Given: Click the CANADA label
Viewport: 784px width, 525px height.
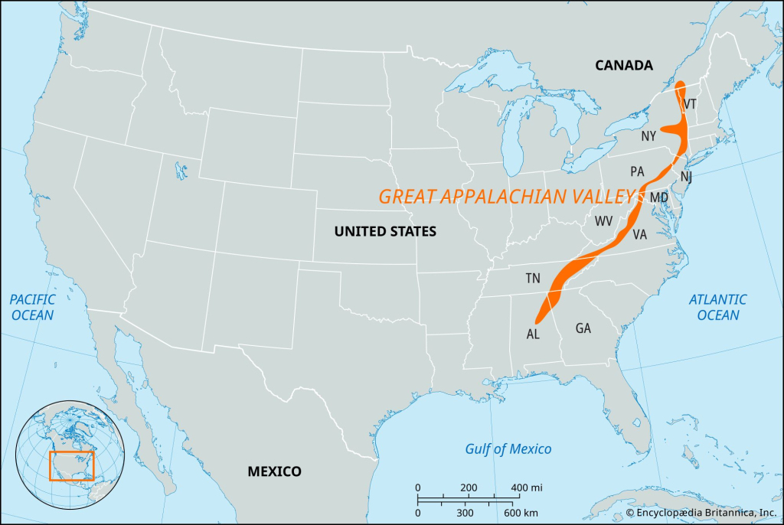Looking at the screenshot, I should tap(624, 66).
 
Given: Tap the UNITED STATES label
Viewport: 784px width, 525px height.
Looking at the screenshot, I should tap(385, 231).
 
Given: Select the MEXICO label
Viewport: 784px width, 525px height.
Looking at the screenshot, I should tap(274, 471).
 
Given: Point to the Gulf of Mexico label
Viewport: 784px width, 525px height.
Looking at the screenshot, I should tap(508, 448).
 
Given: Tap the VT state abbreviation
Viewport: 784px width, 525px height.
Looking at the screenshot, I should tap(690, 104).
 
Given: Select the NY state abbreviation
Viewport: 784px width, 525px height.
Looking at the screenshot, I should tap(648, 136).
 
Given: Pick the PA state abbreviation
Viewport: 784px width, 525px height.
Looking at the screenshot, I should tap(637, 171).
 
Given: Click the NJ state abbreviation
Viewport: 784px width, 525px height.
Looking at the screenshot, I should tap(687, 177).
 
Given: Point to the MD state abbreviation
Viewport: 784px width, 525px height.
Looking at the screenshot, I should tap(658, 197).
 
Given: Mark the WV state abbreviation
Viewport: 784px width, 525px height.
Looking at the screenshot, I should tap(605, 221).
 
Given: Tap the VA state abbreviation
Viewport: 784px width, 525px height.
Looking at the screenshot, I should tap(640, 235).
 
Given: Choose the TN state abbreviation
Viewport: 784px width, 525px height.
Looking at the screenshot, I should tap(533, 279).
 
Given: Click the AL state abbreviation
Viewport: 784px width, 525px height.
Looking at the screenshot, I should tap(533, 334).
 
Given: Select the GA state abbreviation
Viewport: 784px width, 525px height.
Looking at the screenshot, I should tap(583, 328).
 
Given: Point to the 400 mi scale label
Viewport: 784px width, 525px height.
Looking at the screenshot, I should tap(527, 487).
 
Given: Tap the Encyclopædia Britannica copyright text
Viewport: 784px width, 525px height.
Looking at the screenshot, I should tap(701, 512).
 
